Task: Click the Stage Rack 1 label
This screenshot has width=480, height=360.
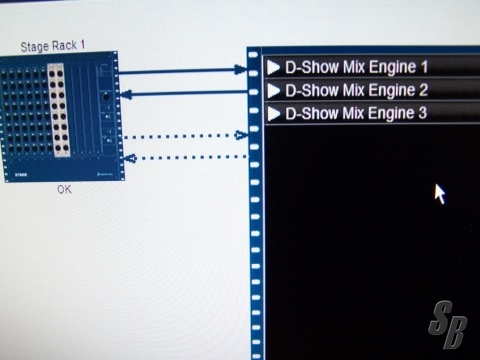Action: (x=53, y=46)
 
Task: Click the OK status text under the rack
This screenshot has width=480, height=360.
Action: (x=64, y=189)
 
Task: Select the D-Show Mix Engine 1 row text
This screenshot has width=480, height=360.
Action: (x=356, y=68)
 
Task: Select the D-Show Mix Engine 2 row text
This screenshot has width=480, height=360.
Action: (x=356, y=91)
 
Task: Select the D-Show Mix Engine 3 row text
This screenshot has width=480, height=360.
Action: (x=356, y=113)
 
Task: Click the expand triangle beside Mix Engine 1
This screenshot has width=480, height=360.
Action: (x=274, y=68)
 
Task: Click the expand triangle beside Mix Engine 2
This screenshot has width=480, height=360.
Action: (x=274, y=91)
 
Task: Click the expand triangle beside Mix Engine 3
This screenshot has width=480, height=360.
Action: (x=274, y=114)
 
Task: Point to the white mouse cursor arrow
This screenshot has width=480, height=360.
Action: (x=439, y=193)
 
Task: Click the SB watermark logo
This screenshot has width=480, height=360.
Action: (x=448, y=324)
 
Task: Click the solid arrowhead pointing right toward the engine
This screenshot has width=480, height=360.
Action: (x=241, y=70)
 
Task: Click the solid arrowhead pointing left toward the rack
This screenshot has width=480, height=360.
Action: (x=126, y=95)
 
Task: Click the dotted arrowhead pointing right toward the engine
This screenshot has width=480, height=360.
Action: (x=241, y=135)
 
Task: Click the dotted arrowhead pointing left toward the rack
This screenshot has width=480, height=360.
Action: (x=131, y=158)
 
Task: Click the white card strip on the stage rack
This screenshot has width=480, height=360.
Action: (x=59, y=110)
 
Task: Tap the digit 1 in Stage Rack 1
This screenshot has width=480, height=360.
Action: (x=82, y=45)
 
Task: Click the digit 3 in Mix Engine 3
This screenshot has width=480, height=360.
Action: (x=423, y=112)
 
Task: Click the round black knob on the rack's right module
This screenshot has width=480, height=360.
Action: (x=106, y=97)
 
